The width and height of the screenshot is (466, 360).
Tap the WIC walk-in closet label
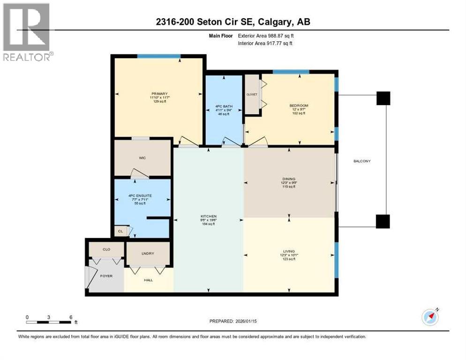coord(142,158)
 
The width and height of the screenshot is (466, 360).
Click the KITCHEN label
coord(208,217)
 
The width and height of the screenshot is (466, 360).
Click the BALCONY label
coord(362,161)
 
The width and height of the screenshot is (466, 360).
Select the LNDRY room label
coord(148,254)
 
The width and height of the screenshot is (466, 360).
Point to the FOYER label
coord(107,276)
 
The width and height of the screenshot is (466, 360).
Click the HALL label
coord(148,280)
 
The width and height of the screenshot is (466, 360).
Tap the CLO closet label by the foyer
coord(106,249)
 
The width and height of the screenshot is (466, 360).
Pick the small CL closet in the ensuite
coord(120,231)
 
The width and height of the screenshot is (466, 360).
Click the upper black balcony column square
coord(383,98)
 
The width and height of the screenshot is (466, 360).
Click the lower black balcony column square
coord(383,221)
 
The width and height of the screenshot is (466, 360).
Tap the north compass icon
coord(430,317)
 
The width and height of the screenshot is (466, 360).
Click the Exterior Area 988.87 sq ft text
coord(266,36)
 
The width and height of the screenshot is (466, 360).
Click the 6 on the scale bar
coord(70,317)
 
